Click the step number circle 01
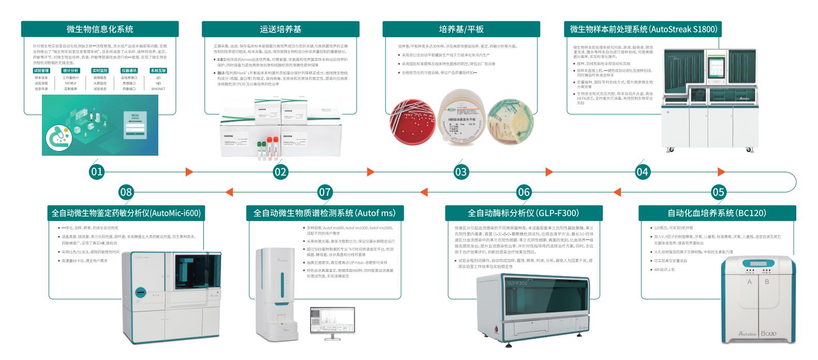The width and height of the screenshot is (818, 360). click(97, 171)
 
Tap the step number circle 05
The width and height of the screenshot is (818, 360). click(719, 192)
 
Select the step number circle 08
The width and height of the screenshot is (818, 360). click(126, 192)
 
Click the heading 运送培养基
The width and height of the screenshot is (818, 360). click(280, 29)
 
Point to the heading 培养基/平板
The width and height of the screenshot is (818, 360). click(461, 29)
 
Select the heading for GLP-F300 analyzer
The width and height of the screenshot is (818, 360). click(523, 213)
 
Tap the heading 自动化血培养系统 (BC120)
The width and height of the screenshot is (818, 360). click(717, 213)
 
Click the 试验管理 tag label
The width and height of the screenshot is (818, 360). click(41, 70)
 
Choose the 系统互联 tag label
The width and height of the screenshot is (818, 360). click(158, 70)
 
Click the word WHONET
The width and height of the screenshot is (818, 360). click(158, 89)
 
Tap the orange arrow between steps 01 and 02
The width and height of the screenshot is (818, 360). click(189, 172)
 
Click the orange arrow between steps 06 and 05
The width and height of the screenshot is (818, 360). click(617, 192)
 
